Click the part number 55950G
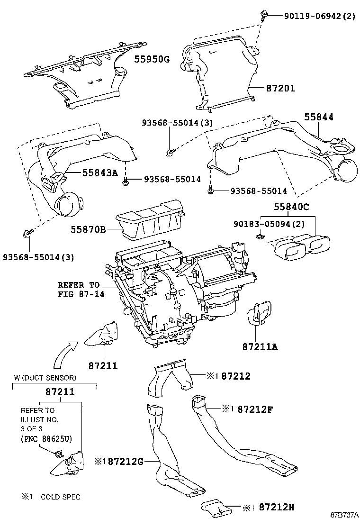tap(152, 59)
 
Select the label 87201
tap(280, 88)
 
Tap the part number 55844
tap(318, 117)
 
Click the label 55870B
tap(89, 230)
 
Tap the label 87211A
tap(260, 346)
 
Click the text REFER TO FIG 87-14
tap(79, 289)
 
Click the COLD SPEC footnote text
tap(60, 497)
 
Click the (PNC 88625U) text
tap(46, 439)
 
